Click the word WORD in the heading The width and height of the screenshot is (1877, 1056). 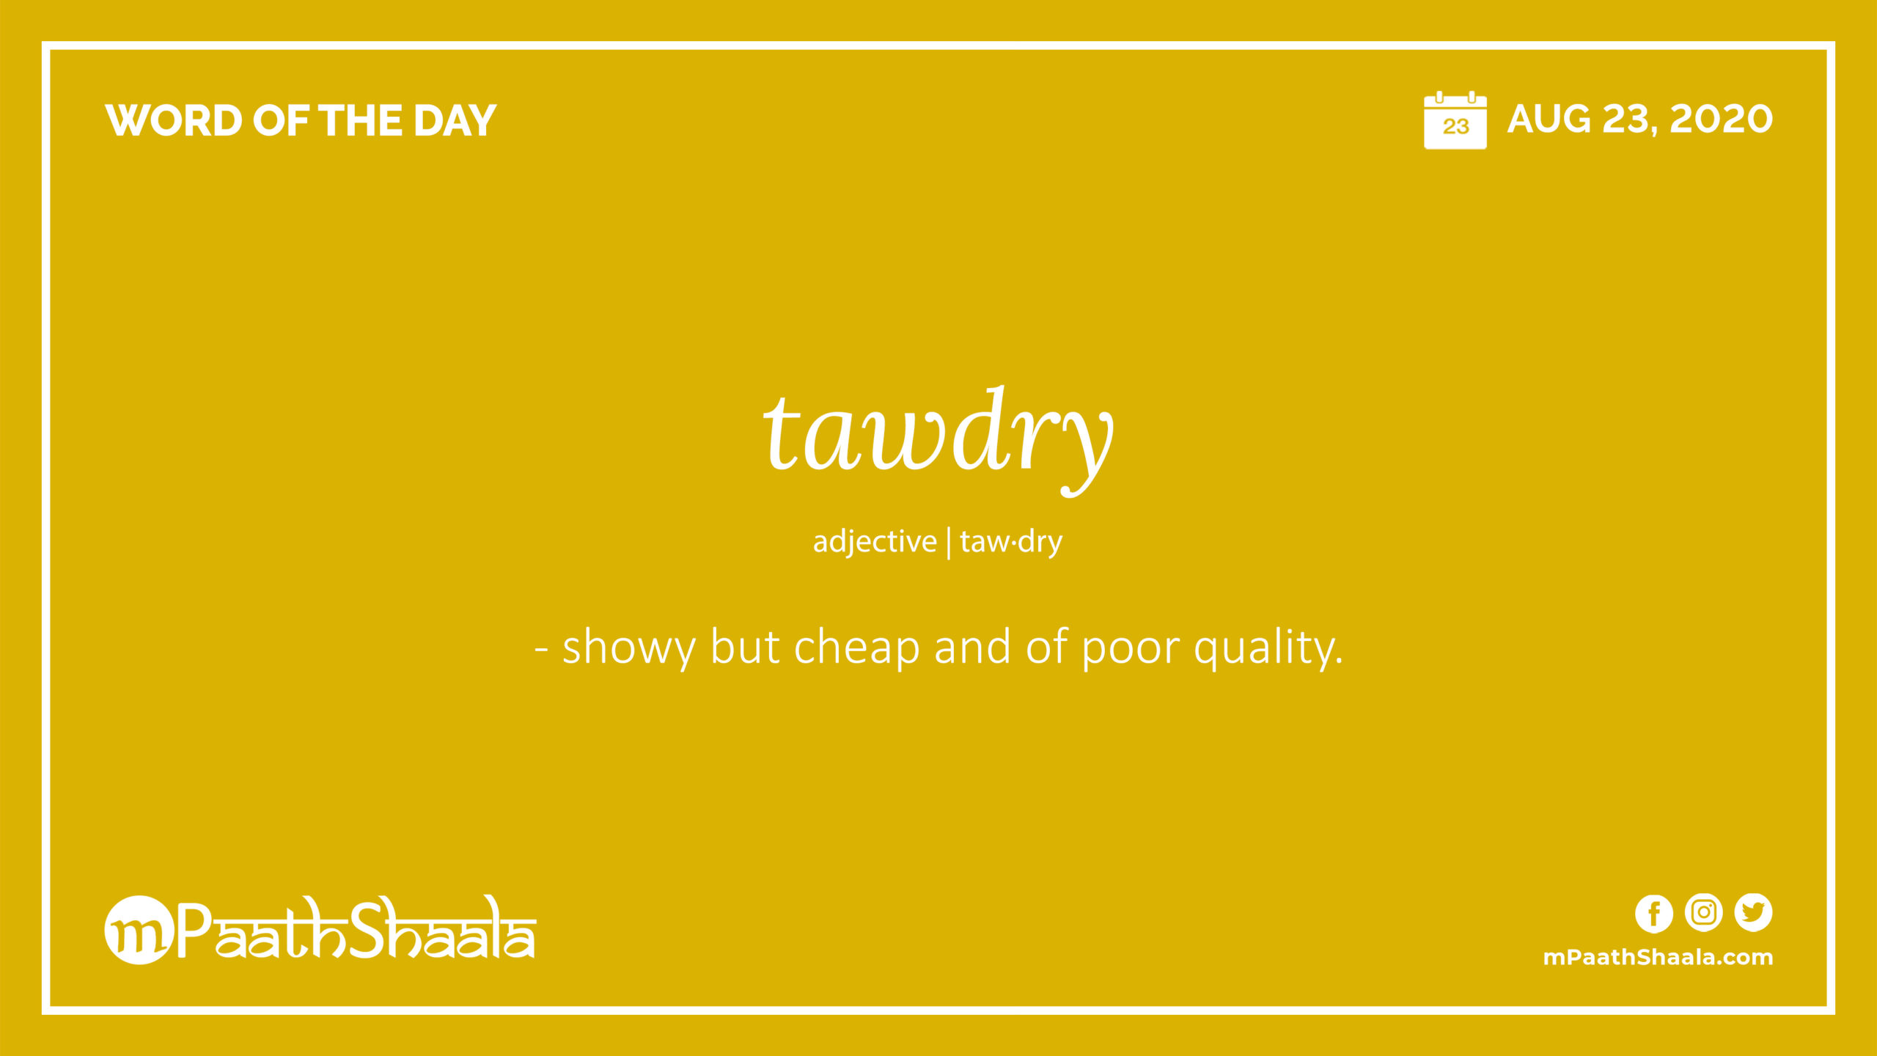click(174, 120)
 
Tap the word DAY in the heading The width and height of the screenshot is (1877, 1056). click(455, 120)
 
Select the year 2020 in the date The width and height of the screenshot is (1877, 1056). click(1721, 119)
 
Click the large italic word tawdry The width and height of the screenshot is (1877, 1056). click(938, 440)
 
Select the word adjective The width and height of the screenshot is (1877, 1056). click(875, 541)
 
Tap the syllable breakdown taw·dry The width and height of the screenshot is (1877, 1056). click(1011, 542)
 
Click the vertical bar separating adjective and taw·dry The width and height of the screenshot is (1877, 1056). click(949, 543)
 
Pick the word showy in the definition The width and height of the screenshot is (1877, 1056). click(629, 648)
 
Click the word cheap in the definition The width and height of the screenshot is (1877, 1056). click(856, 647)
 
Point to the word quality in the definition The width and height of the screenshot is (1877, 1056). click(1265, 647)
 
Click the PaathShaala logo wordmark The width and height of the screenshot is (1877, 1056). click(356, 928)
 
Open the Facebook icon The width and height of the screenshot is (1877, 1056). click(1654, 914)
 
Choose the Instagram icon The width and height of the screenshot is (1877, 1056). click(1703, 913)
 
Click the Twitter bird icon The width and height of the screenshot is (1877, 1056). click(1753, 913)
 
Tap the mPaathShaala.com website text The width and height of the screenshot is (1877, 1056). click(1658, 958)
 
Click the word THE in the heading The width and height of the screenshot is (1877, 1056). click(360, 120)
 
